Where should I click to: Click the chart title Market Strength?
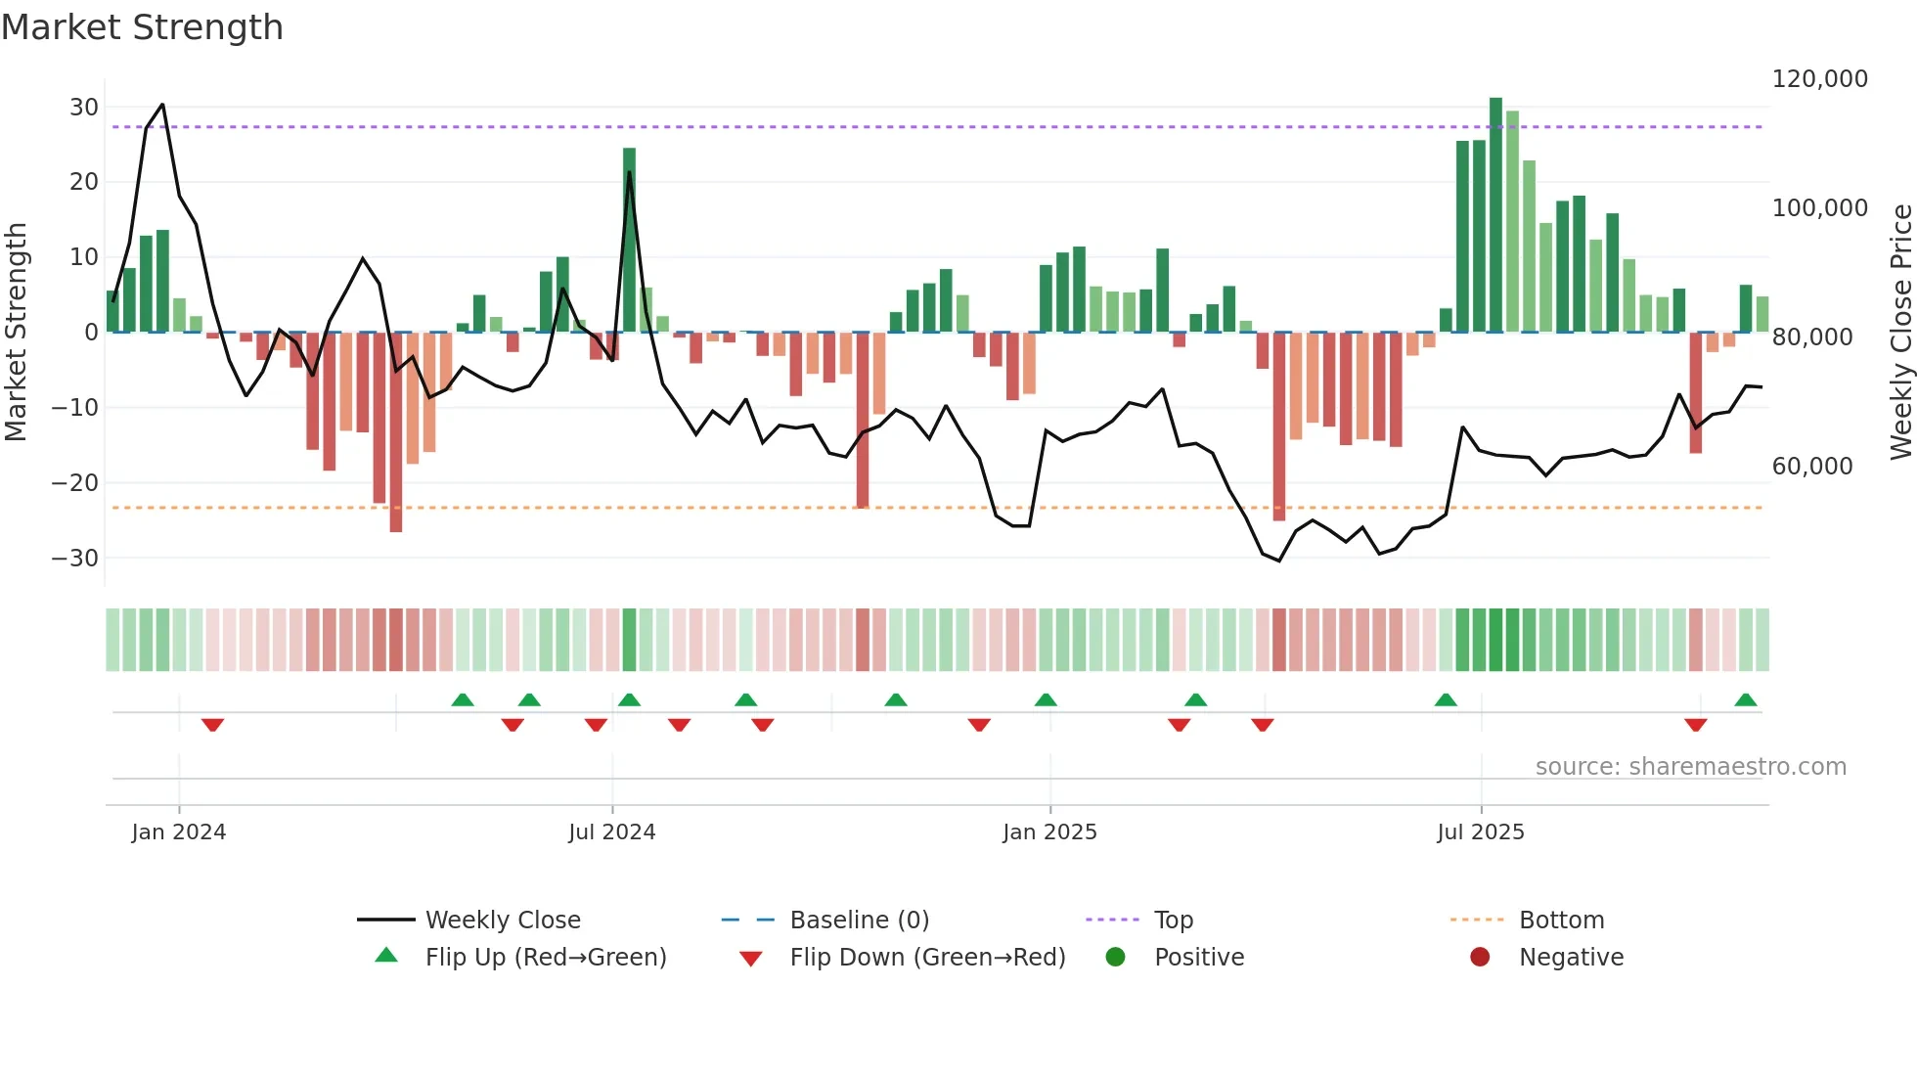(142, 27)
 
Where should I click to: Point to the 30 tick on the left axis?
(84, 107)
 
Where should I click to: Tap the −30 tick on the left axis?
(75, 558)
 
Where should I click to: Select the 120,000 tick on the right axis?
(1819, 78)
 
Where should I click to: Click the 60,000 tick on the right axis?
(1811, 466)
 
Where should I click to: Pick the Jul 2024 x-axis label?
(611, 831)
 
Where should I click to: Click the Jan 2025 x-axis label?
(1049, 831)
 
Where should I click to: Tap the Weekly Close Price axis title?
(1900, 332)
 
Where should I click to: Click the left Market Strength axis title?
(16, 332)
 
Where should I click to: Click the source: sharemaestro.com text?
(1690, 766)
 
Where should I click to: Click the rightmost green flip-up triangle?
(1745, 699)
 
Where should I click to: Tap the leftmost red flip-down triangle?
(212, 725)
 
